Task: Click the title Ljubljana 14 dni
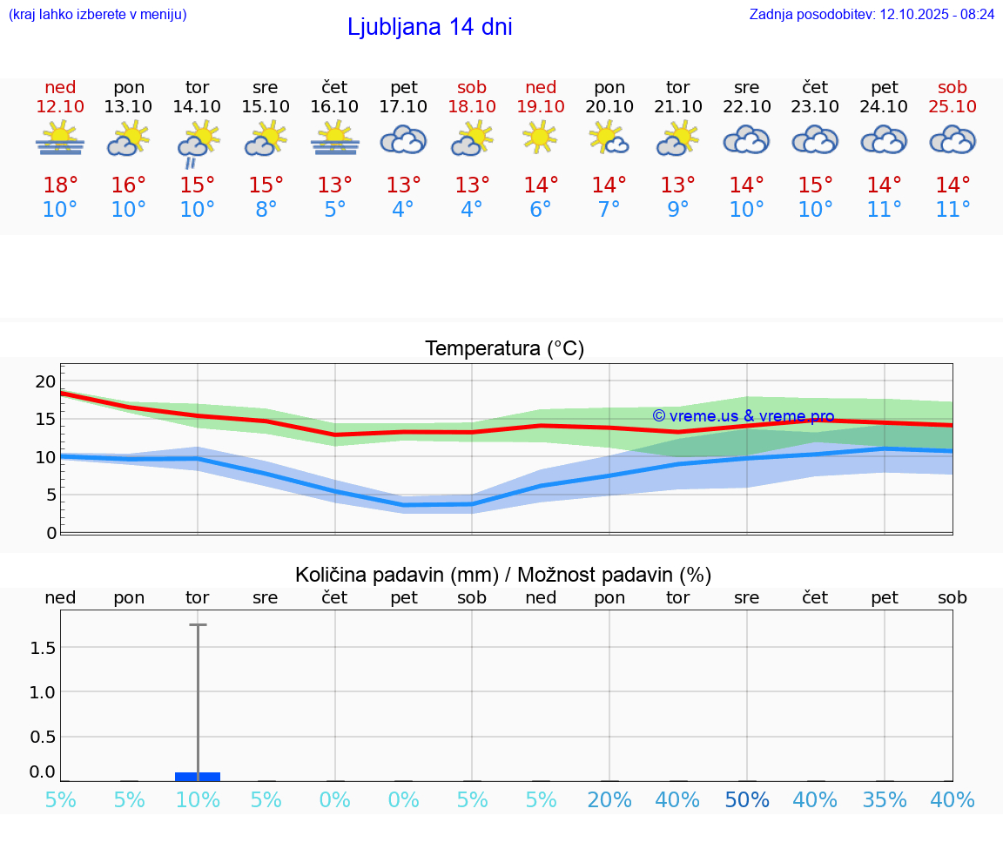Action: tap(429, 27)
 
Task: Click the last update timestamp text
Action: tap(872, 15)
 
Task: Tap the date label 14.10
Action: tap(198, 106)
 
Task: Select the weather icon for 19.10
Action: tap(540, 138)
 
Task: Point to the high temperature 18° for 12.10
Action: tap(60, 185)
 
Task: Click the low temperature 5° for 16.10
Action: tap(334, 210)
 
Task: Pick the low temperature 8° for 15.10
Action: tap(266, 210)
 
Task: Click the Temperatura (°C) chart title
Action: tap(504, 349)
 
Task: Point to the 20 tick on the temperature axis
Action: tap(45, 381)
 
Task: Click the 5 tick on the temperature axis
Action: tap(50, 495)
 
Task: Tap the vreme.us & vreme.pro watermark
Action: tap(743, 416)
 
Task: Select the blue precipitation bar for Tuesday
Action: tap(198, 776)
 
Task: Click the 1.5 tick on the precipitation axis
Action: tap(44, 647)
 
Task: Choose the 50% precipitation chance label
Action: tap(747, 800)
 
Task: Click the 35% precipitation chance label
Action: tap(885, 800)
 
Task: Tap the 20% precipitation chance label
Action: tap(609, 800)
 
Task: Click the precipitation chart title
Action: tap(503, 575)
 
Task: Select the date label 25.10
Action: tap(953, 106)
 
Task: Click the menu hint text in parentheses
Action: tap(98, 15)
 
